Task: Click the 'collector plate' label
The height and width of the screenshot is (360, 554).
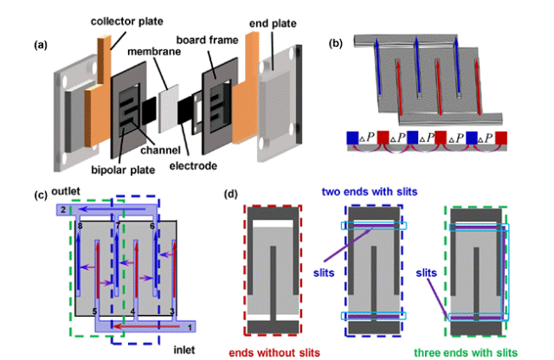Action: coord(127,22)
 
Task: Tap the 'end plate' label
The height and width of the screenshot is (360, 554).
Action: coord(273,23)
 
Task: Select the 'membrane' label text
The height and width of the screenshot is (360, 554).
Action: coord(154,52)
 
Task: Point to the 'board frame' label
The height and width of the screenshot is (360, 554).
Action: coord(208,40)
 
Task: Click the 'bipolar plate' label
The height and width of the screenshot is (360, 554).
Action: coord(123,170)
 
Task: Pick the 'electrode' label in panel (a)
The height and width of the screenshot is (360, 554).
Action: coord(193,165)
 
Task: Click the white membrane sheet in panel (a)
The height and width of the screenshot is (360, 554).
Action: coord(169,109)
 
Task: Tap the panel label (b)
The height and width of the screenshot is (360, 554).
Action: coord(336,43)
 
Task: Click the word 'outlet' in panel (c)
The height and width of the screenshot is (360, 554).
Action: coord(66,191)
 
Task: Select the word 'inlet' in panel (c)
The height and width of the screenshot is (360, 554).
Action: coord(184,350)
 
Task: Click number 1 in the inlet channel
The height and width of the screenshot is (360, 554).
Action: coord(190,327)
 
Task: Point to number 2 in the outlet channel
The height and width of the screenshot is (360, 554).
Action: coord(63,209)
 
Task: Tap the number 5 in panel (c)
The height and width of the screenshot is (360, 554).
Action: coord(94,312)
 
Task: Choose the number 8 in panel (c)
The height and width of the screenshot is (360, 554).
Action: coord(80,226)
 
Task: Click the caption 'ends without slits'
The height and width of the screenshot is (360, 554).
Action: coord(274,352)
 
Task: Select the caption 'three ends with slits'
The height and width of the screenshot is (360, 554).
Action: coord(466,352)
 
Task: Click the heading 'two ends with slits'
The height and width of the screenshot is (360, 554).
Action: coord(370,192)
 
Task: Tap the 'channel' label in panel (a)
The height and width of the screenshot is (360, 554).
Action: coord(160,151)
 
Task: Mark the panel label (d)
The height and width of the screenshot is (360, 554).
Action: coord(231,194)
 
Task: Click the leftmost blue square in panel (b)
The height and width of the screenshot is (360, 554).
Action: coord(352,138)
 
